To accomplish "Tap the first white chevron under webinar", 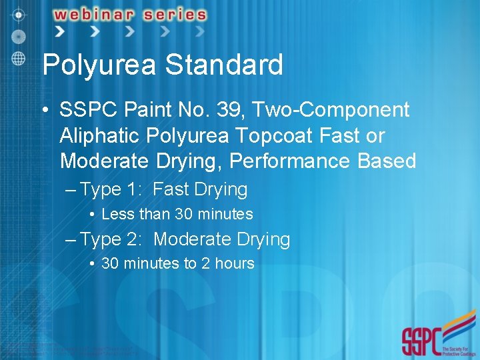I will coord(60,31).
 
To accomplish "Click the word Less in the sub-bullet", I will coord(117,214).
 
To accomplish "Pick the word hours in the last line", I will coord(235,263).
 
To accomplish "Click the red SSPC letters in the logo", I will coord(421,341).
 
